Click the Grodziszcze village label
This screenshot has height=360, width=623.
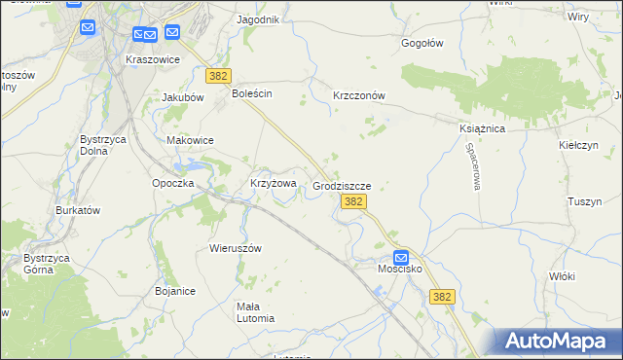click(x=342, y=184)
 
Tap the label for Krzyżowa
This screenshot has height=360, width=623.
click(x=273, y=183)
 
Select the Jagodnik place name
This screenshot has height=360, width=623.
click(x=258, y=19)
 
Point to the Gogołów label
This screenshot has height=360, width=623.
click(x=422, y=43)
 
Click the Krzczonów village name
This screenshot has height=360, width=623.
click(x=360, y=95)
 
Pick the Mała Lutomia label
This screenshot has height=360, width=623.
click(x=242, y=311)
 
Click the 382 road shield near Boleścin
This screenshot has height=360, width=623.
click(x=217, y=75)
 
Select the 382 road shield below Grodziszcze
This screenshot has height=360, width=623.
click(x=354, y=201)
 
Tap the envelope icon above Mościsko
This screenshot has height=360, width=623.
click(x=399, y=257)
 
